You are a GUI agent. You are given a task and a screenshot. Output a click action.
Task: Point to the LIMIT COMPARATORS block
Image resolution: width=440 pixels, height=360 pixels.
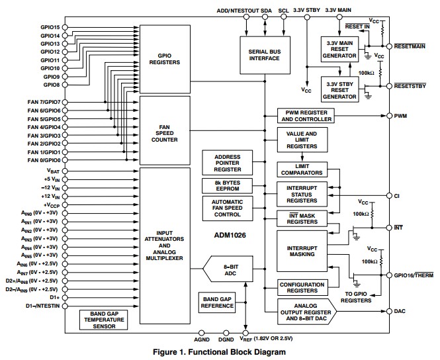coord(302,169)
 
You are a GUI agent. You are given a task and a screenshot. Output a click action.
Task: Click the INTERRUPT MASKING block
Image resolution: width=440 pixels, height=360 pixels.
coord(302,251)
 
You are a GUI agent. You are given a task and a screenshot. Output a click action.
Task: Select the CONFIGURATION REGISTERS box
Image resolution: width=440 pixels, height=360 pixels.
coord(302,287)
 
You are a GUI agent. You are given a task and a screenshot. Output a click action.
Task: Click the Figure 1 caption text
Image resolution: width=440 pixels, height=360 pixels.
coord(219,352)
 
